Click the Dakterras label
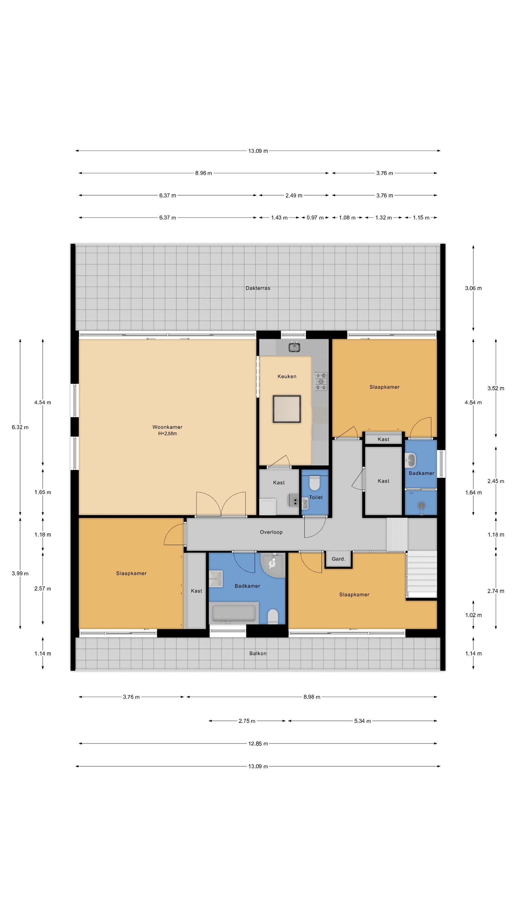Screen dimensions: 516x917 click(x=258, y=288)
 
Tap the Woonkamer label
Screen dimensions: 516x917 click(x=167, y=427)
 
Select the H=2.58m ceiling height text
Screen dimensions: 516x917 click(x=167, y=434)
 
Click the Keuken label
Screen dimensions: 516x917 click(x=287, y=376)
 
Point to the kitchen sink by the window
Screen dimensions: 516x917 click(x=294, y=346)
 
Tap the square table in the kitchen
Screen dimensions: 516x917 click(x=287, y=409)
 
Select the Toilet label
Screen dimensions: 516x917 click(x=316, y=497)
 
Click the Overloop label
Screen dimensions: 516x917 click(x=271, y=532)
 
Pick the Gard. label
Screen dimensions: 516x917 click(x=338, y=559)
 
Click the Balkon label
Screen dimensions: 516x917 click(x=258, y=653)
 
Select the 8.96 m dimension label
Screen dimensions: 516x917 click(x=203, y=173)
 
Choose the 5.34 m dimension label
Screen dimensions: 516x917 click(x=362, y=721)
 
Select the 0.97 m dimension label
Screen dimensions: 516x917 click(x=315, y=217)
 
